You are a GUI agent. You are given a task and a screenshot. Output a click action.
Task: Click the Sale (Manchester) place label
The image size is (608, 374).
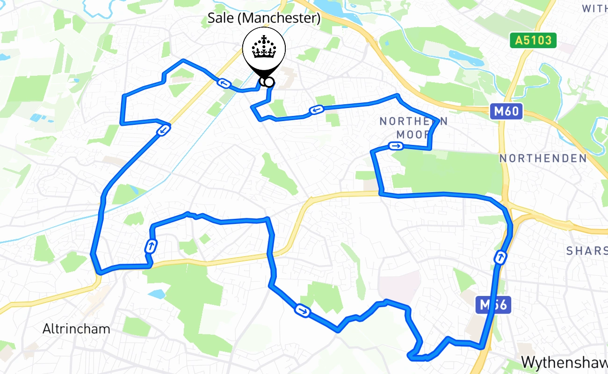coord(264,19)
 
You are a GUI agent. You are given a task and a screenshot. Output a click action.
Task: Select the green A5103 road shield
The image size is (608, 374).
coord(533,41)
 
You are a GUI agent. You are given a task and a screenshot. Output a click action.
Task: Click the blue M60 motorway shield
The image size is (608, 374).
coord(507,112)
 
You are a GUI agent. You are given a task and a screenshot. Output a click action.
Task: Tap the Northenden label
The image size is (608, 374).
coord(543,158)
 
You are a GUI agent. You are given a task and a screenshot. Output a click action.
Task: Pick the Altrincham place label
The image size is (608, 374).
coord(76,329)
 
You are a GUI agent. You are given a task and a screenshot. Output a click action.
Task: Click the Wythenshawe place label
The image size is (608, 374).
coord(564,362)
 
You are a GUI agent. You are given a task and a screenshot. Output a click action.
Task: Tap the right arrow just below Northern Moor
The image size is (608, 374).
coord(396,146)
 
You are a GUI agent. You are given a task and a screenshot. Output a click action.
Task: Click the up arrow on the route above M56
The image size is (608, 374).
coord(500,257)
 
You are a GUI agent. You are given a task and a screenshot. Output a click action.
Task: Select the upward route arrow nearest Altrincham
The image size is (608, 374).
coord(151,246)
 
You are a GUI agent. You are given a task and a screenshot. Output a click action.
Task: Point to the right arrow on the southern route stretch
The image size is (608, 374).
coord(302,310)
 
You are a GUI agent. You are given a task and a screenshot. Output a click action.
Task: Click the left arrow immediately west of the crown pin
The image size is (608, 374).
coord(223,84)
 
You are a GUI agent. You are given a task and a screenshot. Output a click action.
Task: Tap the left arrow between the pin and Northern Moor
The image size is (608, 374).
coord(316,110)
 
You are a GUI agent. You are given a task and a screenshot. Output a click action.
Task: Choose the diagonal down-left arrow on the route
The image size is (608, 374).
coord(163,130)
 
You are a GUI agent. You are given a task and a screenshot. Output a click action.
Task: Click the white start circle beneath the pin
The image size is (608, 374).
coord(269,82)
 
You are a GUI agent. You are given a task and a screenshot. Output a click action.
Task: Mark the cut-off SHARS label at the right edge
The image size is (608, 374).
coord(586,251)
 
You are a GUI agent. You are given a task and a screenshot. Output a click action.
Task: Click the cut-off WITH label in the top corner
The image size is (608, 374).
coord(594,8)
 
